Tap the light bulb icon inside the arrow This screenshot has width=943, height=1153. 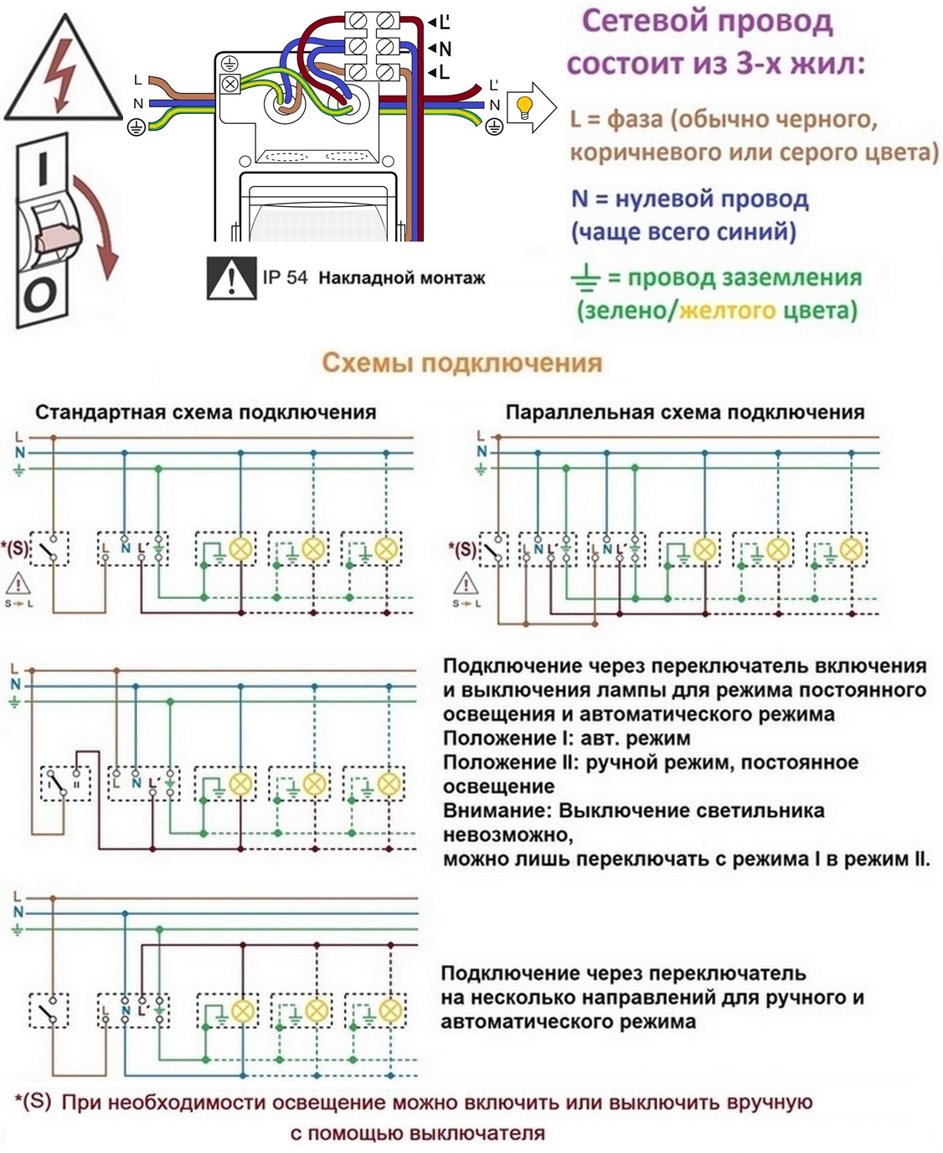coord(524,107)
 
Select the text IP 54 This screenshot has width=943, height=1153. coord(285,277)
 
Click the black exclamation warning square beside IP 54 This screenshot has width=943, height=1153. coord(232,278)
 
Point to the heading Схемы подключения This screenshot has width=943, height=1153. coord(462,363)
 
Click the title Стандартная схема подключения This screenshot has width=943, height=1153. coord(206,412)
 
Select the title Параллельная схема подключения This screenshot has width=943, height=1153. coord(685,412)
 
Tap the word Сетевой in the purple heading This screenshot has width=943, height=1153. coord(644,22)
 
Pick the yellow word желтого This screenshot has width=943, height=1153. coord(727,311)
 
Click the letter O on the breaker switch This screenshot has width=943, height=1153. coord(40,295)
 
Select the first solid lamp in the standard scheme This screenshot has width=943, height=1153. coord(240,548)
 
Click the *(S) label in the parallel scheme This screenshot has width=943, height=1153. coord(462,548)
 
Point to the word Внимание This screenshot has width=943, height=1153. coord(497,810)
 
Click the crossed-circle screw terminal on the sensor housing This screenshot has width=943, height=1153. coord(230,84)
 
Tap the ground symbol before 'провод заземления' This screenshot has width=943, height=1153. coord(585,277)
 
